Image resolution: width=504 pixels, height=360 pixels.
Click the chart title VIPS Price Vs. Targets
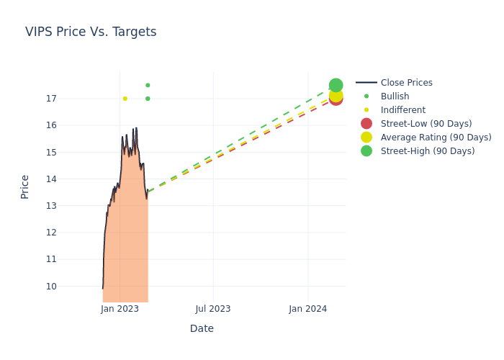(91, 32)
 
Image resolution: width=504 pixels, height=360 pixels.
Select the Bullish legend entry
(395, 96)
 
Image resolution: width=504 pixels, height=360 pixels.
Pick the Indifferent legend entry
(402, 110)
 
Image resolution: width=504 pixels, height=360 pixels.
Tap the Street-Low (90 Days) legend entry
(426, 124)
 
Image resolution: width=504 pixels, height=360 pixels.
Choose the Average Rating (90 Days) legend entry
(436, 138)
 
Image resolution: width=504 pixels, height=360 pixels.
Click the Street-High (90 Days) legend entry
(428, 151)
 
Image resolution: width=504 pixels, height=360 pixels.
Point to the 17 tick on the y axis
(50, 99)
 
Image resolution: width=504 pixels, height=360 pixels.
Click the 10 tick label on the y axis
(50, 286)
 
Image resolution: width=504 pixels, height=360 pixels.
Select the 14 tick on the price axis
(50, 179)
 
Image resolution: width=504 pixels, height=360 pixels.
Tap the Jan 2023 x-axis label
(120, 309)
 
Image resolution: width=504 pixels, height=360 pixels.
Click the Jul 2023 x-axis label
(213, 309)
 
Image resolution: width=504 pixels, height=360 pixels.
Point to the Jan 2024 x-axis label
(308, 309)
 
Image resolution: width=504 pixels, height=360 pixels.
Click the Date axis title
(202, 329)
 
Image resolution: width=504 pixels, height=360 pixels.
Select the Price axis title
(25, 186)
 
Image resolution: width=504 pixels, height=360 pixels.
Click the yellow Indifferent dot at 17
(125, 99)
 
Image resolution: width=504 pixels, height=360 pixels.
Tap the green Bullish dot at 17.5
(148, 85)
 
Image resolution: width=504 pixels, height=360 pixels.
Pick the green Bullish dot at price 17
(148, 99)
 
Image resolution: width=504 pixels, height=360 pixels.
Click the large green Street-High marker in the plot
(336, 85)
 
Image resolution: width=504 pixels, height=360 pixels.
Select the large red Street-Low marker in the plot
(336, 99)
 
